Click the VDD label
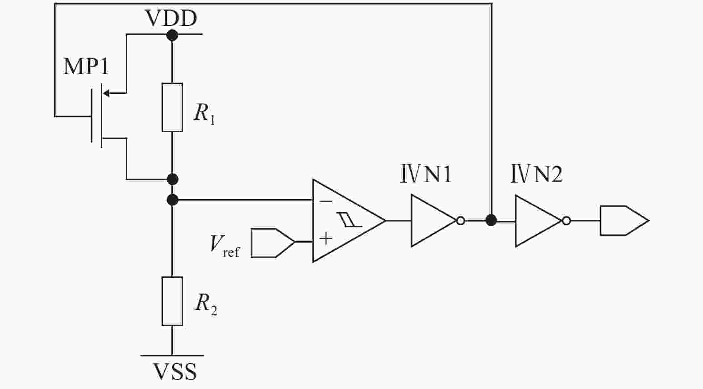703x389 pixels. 171,19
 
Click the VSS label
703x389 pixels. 175,372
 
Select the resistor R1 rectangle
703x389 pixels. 172,108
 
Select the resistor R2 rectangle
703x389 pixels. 172,301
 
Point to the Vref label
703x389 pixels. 225,245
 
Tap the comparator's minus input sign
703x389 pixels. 326,201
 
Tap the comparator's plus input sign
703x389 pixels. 326,238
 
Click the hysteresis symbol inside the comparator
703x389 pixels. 350,220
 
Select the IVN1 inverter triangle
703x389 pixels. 431,220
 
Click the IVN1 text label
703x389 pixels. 425,174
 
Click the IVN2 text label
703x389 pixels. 536,174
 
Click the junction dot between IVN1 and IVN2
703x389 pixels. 491,220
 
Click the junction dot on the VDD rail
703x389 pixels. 172,34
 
